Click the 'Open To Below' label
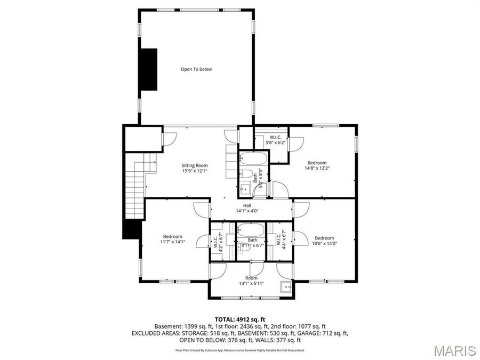[196, 69]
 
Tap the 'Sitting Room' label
[195, 165]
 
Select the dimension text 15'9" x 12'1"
[195, 171]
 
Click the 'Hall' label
[247, 205]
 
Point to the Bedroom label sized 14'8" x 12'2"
[316, 163]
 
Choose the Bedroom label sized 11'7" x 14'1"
[173, 236]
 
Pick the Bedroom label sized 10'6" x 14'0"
[324, 238]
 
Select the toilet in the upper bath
[247, 174]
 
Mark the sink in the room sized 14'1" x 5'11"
[286, 287]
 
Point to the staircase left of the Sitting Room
[136, 181]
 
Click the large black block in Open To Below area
[148, 69]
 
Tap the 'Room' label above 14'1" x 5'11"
[251, 278]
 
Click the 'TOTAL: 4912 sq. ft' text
[240, 318]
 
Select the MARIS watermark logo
[454, 350]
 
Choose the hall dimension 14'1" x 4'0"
[247, 211]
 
